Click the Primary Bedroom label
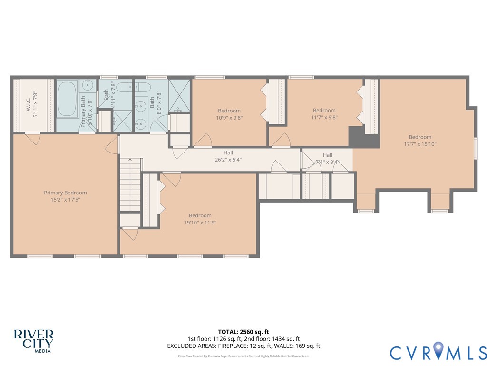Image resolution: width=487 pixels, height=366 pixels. [65, 193]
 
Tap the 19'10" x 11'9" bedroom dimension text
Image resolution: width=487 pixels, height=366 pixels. [200, 223]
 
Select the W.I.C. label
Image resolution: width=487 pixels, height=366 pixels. [29, 105]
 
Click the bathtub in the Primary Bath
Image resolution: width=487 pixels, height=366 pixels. [67, 99]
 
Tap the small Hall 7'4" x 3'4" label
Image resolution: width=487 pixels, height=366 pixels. [328, 162]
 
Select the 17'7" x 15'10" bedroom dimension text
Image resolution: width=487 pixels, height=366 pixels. [420, 144]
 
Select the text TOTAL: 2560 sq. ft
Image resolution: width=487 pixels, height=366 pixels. [243, 332]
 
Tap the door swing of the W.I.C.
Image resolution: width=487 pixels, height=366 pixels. [32, 139]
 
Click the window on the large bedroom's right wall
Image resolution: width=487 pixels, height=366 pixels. [476, 147]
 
